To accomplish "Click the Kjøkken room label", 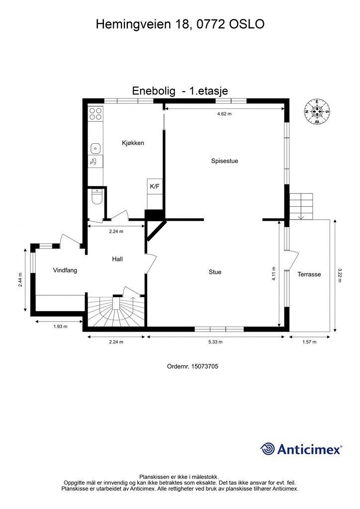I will point(133,143).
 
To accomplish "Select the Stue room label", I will point(215,272).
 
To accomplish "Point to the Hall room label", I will point(117,259).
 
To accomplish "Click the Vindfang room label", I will point(65,270).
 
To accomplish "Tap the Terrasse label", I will point(309,274).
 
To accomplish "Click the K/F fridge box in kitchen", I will point(155,186).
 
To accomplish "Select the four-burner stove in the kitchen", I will point(95,114).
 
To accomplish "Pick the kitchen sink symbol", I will point(95,148).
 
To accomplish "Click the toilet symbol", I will point(96,198).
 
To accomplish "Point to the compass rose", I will point(317,111).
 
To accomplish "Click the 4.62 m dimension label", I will point(224,114).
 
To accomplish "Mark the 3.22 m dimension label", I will point(340,275).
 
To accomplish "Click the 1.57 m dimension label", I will point(309,342).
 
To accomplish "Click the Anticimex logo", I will point(301,449).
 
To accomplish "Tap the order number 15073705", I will point(192,366).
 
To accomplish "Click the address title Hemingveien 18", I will point(180,23).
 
